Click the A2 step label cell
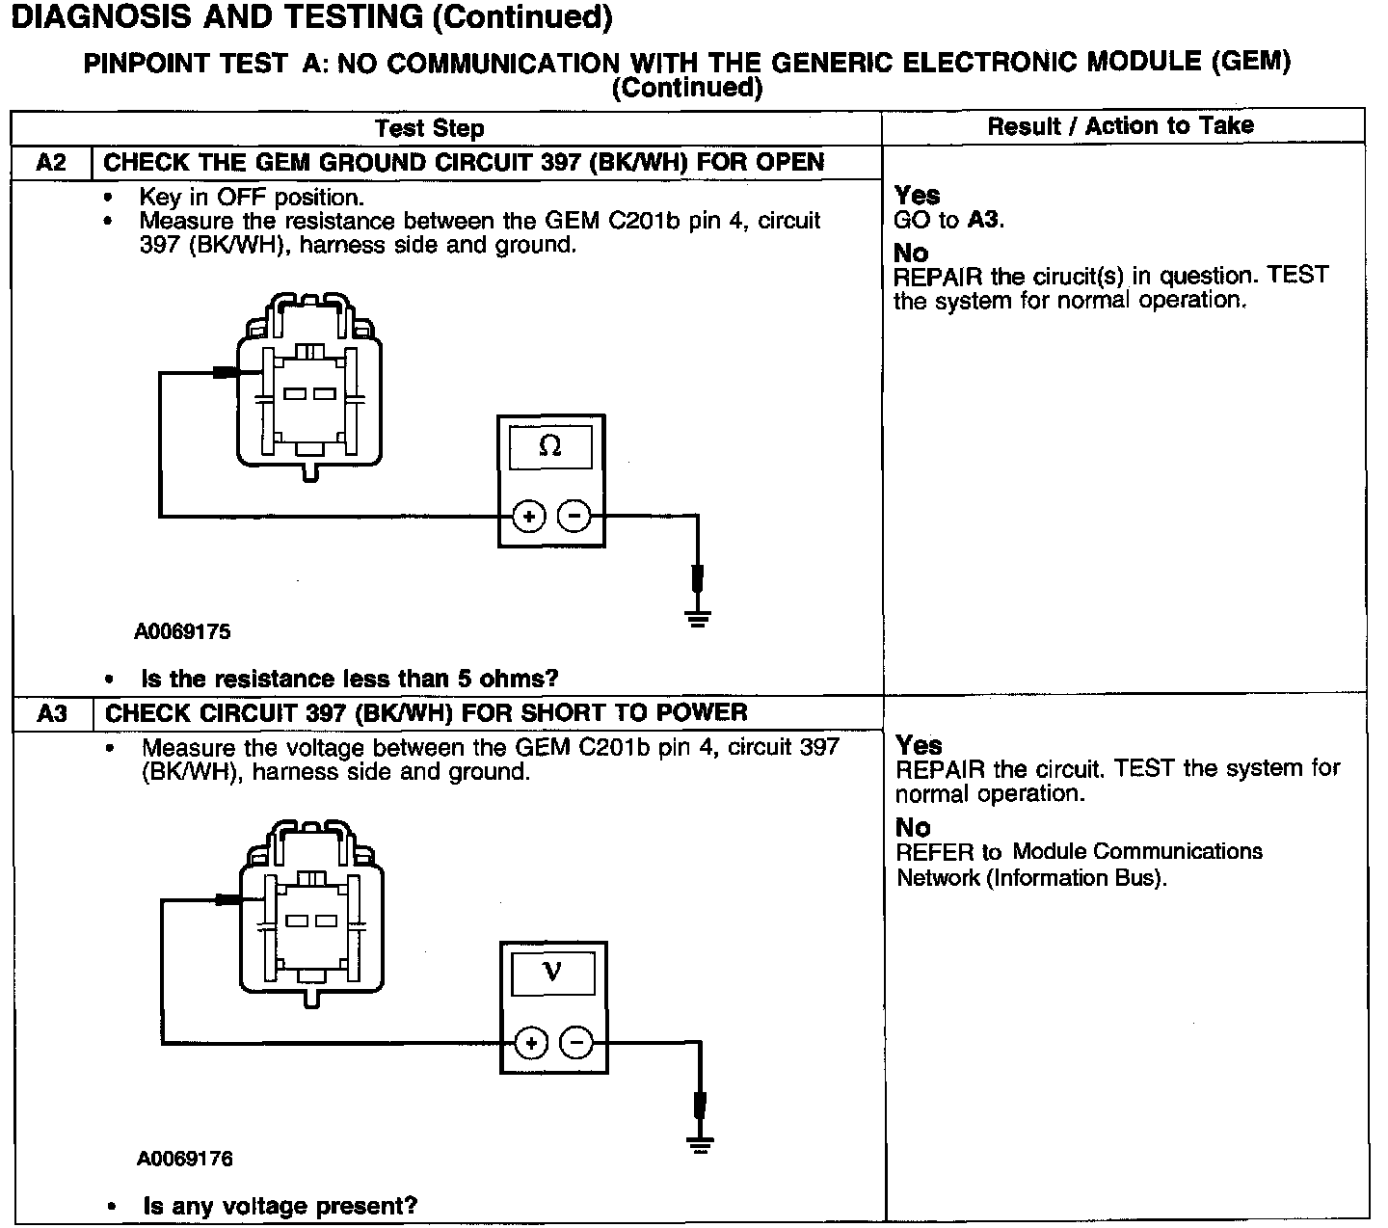51,162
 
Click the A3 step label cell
52,713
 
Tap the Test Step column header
429,128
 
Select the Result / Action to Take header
1121,125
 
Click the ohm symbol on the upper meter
550,446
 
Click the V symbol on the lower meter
552,972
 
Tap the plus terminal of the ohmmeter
528,517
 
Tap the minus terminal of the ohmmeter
574,517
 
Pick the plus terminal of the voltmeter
531,1043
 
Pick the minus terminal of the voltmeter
576,1043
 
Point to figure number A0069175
182,632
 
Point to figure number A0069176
184,1159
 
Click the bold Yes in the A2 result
917,195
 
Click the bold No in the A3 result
913,827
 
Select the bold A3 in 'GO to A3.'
984,220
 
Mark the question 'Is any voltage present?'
280,1206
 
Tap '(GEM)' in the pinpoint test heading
1250,61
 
